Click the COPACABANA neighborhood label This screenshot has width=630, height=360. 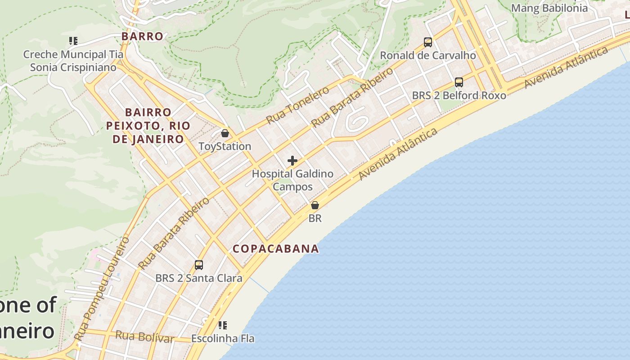(x=275, y=248)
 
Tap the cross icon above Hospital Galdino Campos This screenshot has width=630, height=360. (x=292, y=161)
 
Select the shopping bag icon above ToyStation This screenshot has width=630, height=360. (x=225, y=134)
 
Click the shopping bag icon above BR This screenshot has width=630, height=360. (x=315, y=205)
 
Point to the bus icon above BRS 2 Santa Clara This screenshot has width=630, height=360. (x=199, y=265)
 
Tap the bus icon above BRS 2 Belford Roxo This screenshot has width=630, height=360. (x=459, y=82)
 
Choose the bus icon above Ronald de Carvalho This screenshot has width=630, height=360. (x=428, y=42)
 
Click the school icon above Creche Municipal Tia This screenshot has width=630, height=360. (x=73, y=41)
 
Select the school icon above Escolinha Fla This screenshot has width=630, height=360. (x=223, y=325)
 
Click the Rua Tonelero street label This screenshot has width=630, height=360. (x=297, y=105)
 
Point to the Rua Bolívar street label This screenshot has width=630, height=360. (x=144, y=336)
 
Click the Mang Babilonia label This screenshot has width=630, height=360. (x=549, y=8)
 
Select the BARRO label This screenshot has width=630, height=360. (x=142, y=36)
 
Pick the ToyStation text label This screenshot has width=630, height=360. (x=225, y=146)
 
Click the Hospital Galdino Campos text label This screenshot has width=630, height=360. (x=292, y=180)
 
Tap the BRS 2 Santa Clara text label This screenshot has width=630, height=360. (x=199, y=278)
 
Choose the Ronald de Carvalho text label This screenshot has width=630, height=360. (x=428, y=55)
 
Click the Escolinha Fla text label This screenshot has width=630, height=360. (x=223, y=338)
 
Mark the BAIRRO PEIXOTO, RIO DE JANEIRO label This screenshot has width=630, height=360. (x=148, y=126)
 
